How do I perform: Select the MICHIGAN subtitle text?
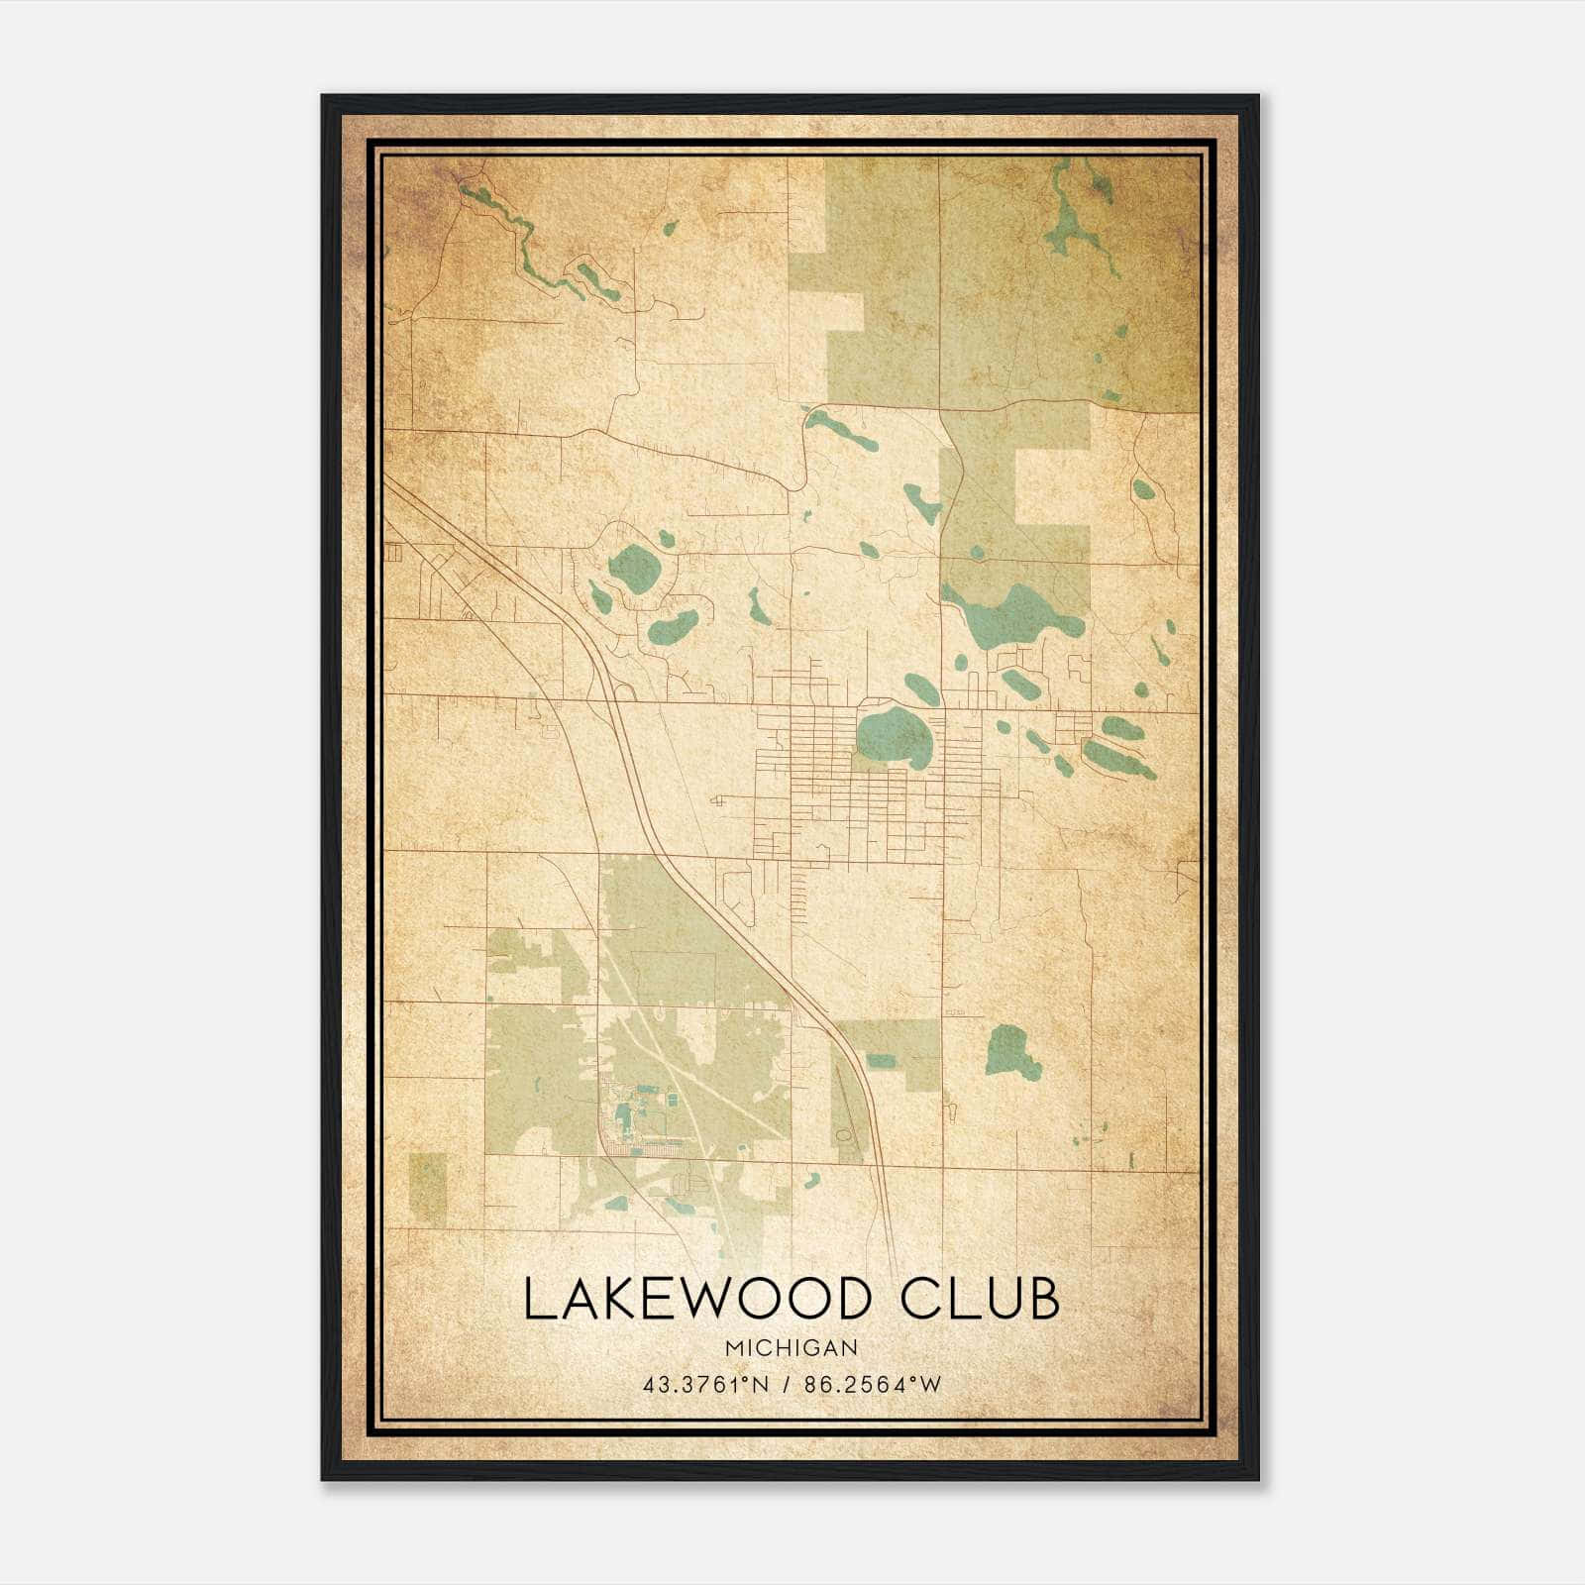click(792, 1348)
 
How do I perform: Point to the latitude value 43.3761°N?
click(704, 1384)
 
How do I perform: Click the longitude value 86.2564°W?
click(874, 1384)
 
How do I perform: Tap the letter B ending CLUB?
click(1043, 1300)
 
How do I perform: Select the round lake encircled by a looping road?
click(635, 569)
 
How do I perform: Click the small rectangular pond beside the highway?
click(881, 1061)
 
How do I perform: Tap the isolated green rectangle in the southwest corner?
click(428, 1187)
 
